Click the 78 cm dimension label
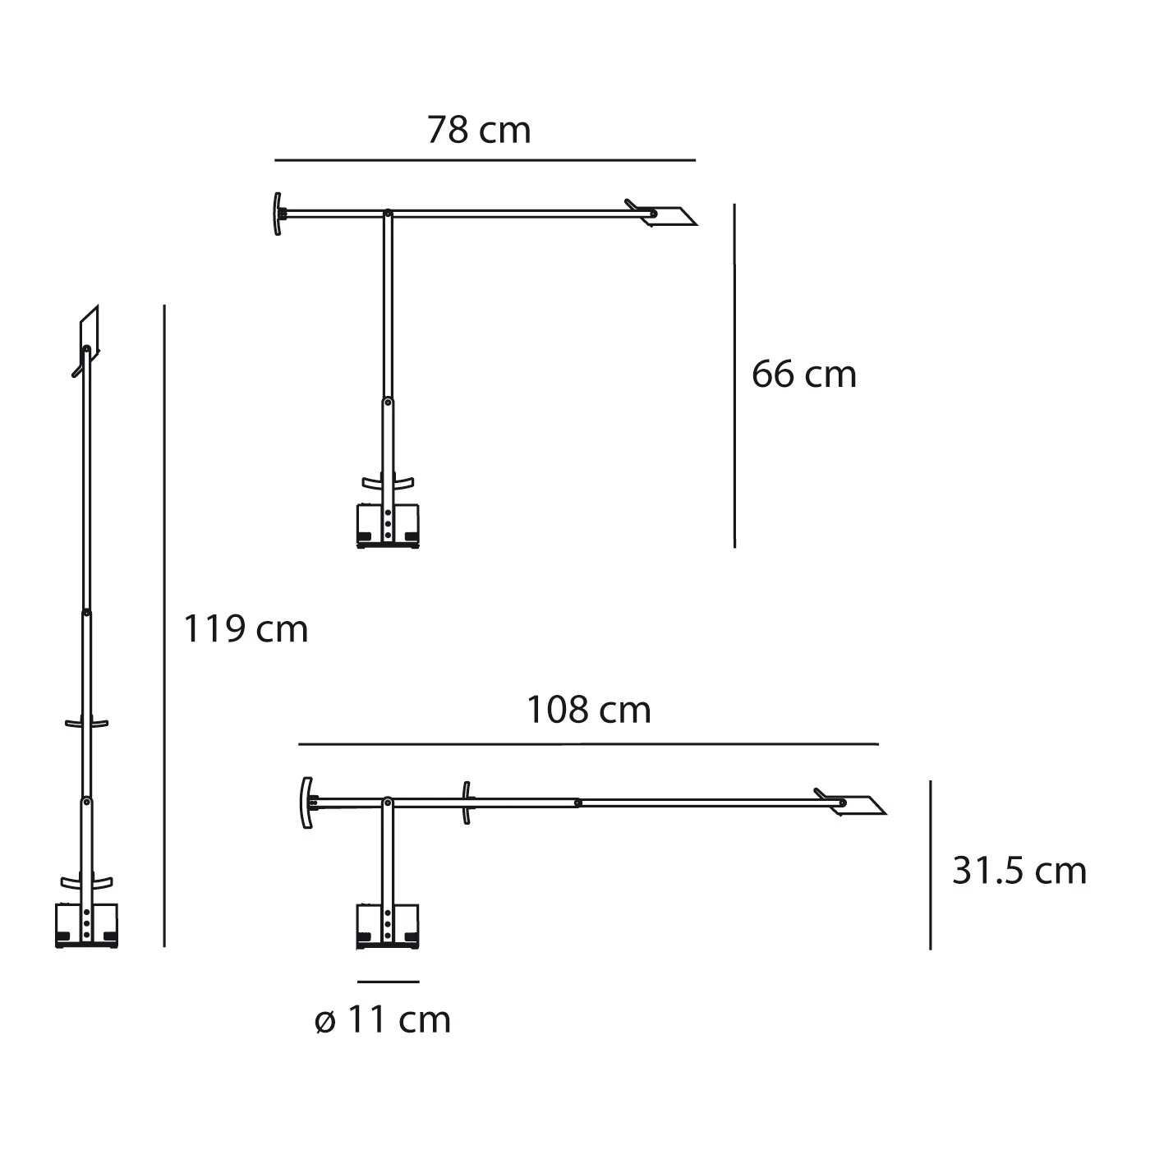[x=479, y=131]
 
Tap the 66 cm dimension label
[x=803, y=375]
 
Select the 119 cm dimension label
[x=245, y=629]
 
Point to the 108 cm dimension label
[x=588, y=710]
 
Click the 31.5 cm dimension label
[x=1019, y=870]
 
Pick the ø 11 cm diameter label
[x=383, y=1020]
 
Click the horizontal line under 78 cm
[x=485, y=159]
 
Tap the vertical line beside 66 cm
[x=734, y=376]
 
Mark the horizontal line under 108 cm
[x=588, y=744]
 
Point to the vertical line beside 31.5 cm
[x=930, y=865]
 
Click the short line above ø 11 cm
[x=389, y=982]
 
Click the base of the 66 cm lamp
[x=388, y=524]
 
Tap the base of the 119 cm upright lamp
[x=86, y=927]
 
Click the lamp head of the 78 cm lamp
[x=674, y=214]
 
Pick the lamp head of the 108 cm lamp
[x=859, y=805]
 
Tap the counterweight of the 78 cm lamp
[x=278, y=214]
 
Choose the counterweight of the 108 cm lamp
[x=306, y=803]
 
